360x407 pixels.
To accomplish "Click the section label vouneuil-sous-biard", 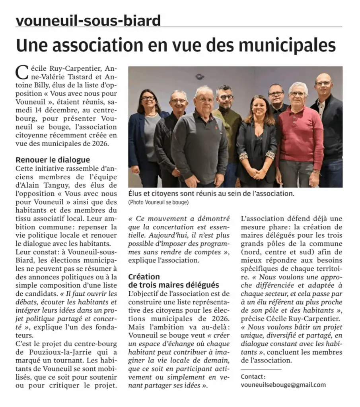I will click(x=88, y=20).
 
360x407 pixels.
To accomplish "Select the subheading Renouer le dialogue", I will click(x=53, y=160).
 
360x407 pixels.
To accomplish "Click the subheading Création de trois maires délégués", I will click(x=173, y=281).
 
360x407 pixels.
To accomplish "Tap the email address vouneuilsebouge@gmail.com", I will click(x=283, y=385).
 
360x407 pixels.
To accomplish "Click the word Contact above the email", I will click(x=253, y=376).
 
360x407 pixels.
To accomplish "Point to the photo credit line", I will click(x=158, y=203).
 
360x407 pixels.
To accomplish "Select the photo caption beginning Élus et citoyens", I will click(x=211, y=194).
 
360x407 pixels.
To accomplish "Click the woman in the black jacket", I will click(x=257, y=143).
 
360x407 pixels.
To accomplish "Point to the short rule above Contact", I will click(x=261, y=370).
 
